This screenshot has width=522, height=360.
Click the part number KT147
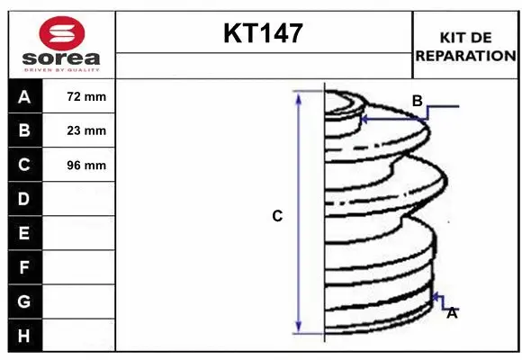coord(263,35)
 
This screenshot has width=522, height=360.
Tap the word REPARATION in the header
coord(464,55)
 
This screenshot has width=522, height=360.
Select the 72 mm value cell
coord(86,96)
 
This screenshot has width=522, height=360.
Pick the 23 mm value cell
coord(86,130)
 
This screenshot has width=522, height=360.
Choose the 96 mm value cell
coord(86,165)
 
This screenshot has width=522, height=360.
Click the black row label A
coord(24,96)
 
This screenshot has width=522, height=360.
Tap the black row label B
coord(24,130)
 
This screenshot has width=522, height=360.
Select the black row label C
coord(24,165)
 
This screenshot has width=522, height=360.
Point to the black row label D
coord(24,199)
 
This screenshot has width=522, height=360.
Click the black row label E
coord(24,233)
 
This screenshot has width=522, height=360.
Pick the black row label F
coord(24,267)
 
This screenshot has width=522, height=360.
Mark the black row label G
coord(24,301)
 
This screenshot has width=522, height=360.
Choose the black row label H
coord(24,335)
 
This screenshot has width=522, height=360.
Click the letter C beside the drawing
coord(277,216)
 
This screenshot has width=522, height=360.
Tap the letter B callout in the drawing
coord(417,101)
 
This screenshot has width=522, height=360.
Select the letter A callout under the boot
coord(452,313)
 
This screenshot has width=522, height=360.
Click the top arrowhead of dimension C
coord(299,97)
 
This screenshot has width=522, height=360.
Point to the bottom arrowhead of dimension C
coord(299,328)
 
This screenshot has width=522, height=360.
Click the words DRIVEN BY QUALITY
coord(62,68)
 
